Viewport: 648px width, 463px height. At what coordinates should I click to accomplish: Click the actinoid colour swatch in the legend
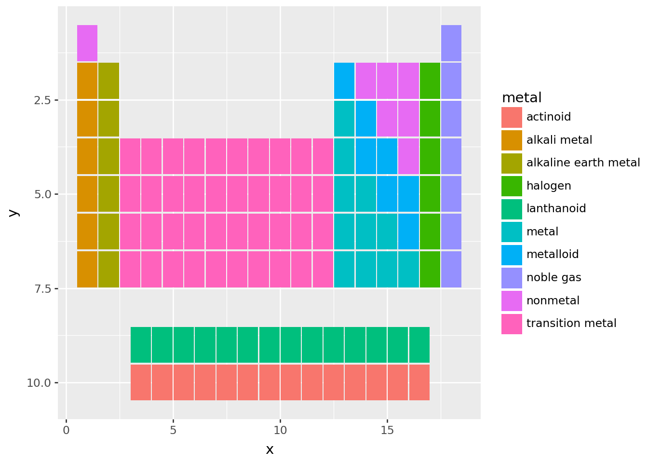pyautogui.click(x=512, y=117)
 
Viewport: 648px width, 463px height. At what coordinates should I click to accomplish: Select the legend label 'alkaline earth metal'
pyautogui.click(x=583, y=163)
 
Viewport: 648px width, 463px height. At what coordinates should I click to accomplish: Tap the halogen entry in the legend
pyautogui.click(x=549, y=186)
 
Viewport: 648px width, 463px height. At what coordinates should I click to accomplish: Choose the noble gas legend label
pyautogui.click(x=553, y=278)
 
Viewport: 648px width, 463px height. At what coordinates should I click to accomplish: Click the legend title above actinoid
pyautogui.click(x=522, y=98)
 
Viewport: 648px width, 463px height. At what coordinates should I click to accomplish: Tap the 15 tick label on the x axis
pyautogui.click(x=387, y=430)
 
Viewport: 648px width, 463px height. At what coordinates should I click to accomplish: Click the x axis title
pyautogui.click(x=270, y=450)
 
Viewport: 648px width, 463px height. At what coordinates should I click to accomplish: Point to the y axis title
pyautogui.click(x=14, y=212)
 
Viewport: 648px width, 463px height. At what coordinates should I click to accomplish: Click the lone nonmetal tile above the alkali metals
pyautogui.click(x=87, y=43)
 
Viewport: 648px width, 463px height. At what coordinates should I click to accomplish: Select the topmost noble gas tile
pyautogui.click(x=451, y=43)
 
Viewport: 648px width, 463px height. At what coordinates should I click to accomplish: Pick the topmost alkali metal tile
pyautogui.click(x=87, y=81)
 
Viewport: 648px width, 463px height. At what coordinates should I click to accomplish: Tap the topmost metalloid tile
pyautogui.click(x=344, y=81)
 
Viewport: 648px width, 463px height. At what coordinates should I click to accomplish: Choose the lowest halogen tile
pyautogui.click(x=430, y=269)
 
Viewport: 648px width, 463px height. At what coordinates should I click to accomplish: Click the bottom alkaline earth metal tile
pyautogui.click(x=108, y=269)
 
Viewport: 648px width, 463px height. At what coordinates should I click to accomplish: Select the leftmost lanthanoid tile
pyautogui.click(x=141, y=344)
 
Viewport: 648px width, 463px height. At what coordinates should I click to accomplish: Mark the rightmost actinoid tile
pyautogui.click(x=419, y=382)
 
